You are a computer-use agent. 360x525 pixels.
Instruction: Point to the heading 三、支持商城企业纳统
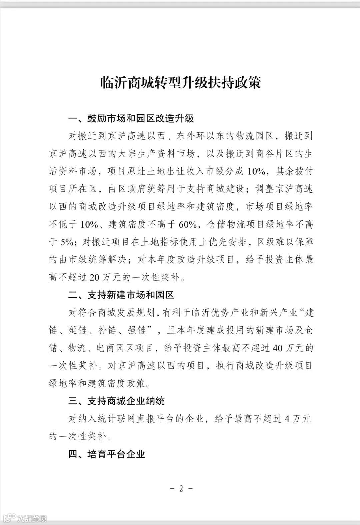(x=117, y=400)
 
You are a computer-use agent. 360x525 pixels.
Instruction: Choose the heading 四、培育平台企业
(x=107, y=454)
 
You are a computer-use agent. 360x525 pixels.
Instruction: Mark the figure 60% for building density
(x=189, y=224)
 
